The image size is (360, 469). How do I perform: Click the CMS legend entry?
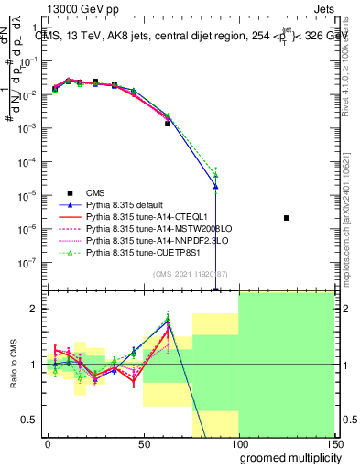coord(95,192)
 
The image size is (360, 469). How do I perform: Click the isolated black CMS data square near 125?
coord(287,218)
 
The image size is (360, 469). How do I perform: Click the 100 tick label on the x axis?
coord(238,442)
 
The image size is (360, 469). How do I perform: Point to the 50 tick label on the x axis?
coord(144,442)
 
